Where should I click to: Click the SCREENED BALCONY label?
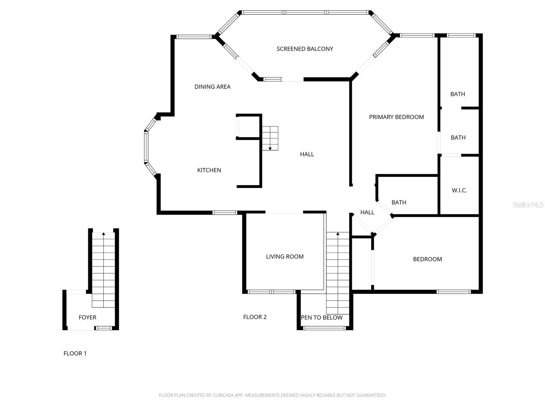click(305, 49)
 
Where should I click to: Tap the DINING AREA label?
click(213, 87)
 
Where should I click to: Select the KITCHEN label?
click(209, 170)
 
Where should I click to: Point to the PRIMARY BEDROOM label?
click(396, 117)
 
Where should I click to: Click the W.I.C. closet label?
click(459, 190)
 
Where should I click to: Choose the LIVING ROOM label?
click(285, 257)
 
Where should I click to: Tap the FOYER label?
click(88, 317)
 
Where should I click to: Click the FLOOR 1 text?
click(75, 353)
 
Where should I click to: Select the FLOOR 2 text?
click(255, 317)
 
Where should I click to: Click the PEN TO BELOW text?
click(322, 318)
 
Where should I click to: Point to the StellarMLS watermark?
click(528, 204)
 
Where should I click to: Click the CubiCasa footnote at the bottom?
click(272, 395)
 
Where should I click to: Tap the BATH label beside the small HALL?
click(399, 202)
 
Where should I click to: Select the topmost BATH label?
click(457, 94)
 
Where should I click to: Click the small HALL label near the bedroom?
click(367, 212)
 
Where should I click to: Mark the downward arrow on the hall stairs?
click(270, 148)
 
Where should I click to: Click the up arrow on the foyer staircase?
click(104, 234)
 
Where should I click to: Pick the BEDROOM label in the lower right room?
click(427, 259)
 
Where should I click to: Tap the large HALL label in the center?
click(307, 154)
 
